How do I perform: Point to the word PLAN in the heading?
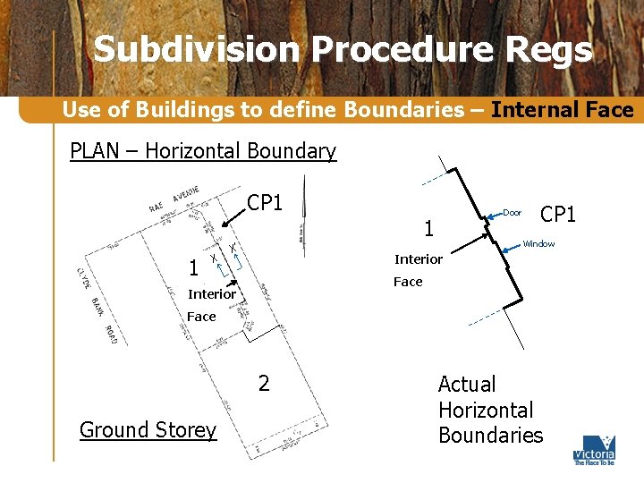tap(94, 151)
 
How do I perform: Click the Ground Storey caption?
tap(148, 430)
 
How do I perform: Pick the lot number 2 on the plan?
tap(263, 384)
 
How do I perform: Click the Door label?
tap(512, 213)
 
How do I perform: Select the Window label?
tap(538, 244)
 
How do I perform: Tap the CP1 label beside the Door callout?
tap(559, 215)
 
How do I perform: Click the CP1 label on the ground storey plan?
tap(265, 203)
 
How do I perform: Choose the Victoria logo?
tap(594, 450)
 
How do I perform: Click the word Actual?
tap(466, 385)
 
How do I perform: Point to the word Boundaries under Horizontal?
tap(490, 436)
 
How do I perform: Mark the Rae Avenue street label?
tap(174, 199)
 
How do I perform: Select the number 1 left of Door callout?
tap(428, 229)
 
